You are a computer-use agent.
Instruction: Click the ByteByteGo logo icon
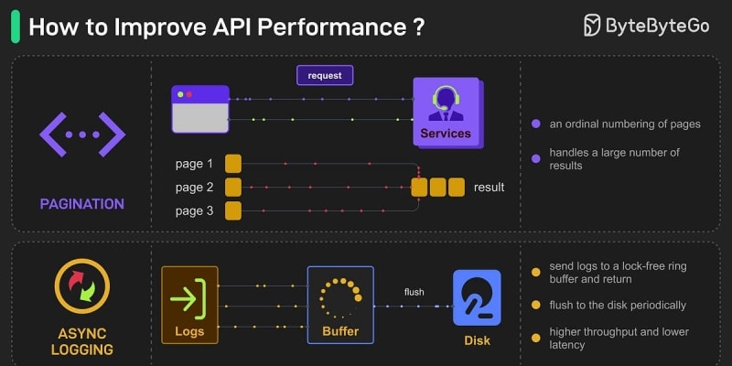coord(594,26)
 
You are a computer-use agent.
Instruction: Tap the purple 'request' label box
coord(325,75)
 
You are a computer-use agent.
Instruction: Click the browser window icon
coord(199,108)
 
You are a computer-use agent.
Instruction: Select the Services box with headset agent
coord(446,111)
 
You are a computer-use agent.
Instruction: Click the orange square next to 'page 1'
coord(233,164)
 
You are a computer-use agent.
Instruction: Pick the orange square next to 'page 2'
coord(233,188)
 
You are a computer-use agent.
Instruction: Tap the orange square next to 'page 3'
coord(233,211)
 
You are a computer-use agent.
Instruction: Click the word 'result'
coord(489,188)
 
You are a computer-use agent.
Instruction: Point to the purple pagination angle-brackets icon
coord(82,135)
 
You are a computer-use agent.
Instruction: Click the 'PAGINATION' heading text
coord(82,203)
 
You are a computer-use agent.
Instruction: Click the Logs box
coord(189,304)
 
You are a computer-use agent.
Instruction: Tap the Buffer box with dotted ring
coord(340,304)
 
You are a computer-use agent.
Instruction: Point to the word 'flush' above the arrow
coord(414,293)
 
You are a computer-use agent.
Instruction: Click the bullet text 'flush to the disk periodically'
coord(618,305)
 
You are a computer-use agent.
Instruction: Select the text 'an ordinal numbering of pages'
coord(625,124)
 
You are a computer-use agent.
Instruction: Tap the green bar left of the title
coord(15,27)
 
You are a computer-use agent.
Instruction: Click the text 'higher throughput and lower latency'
coord(619,338)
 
